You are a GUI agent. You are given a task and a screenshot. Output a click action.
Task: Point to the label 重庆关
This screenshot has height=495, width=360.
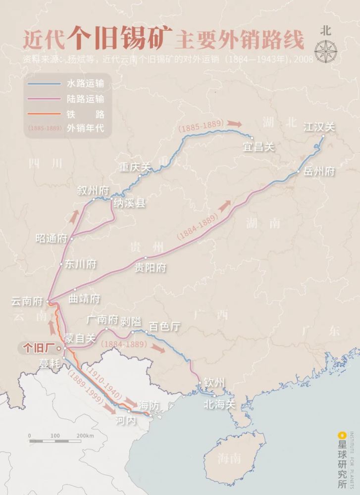(x=134, y=167)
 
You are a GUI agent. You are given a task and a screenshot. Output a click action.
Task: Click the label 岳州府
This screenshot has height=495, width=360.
(x=319, y=171)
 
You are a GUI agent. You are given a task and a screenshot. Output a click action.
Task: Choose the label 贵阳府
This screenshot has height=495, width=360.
(x=151, y=267)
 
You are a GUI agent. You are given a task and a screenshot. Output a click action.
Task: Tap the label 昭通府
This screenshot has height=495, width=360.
(x=51, y=238)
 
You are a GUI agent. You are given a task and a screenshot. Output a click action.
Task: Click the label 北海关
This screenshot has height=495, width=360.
(x=219, y=404)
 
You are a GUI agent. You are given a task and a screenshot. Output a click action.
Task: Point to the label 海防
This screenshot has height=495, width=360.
(x=149, y=405)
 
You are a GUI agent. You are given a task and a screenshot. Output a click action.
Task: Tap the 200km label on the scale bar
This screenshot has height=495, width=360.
(x=85, y=436)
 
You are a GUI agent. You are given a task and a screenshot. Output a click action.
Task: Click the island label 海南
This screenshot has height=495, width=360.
(x=229, y=458)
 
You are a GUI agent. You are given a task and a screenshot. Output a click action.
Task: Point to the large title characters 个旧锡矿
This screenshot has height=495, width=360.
(x=120, y=37)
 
